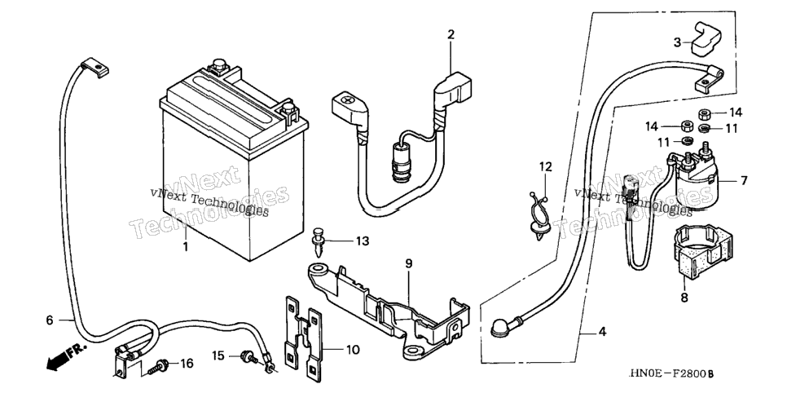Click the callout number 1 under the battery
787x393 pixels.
[186, 247]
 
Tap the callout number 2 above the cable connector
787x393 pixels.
[451, 35]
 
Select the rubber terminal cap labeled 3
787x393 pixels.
[706, 38]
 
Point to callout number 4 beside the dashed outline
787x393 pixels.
[602, 332]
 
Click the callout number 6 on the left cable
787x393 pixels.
[49, 320]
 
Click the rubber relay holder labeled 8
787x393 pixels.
[697, 251]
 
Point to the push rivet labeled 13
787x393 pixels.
[318, 241]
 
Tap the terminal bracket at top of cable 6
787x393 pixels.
[94, 68]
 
